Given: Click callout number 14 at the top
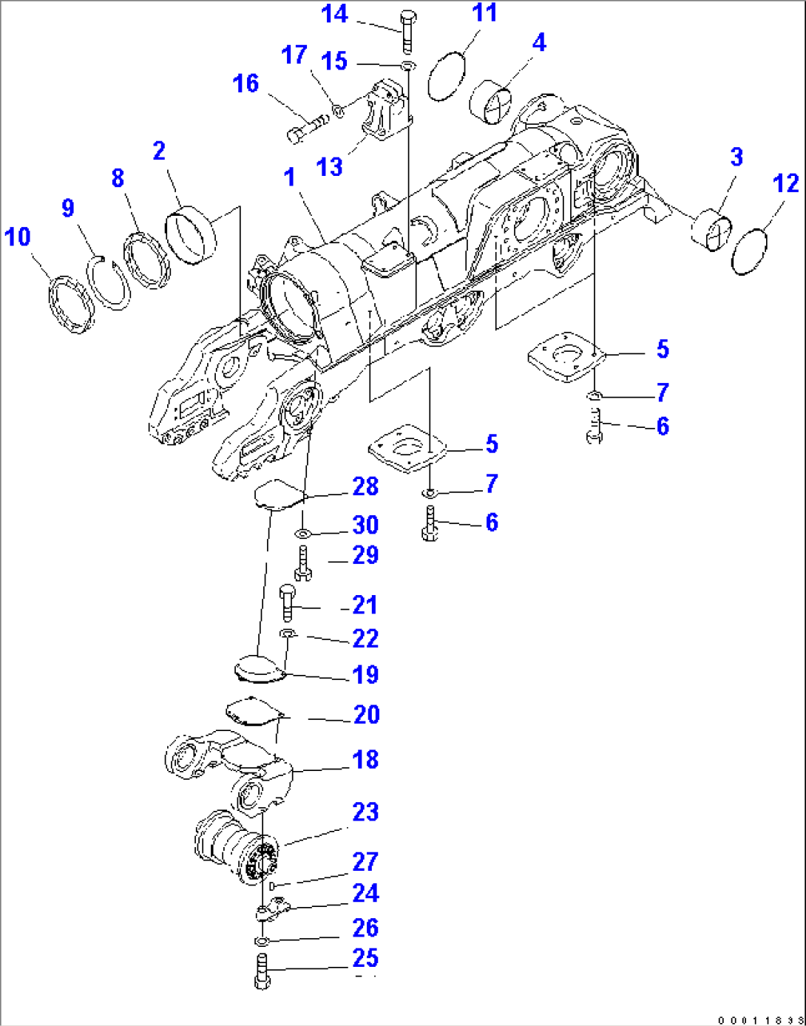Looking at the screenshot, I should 334,14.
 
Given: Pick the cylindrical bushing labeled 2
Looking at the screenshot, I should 192,236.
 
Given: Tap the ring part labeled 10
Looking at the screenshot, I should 71,304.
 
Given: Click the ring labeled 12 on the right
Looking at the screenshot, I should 748,252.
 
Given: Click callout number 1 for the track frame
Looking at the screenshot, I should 289,177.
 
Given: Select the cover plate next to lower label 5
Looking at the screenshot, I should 406,448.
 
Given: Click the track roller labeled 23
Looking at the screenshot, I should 237,846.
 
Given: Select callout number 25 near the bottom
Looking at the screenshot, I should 365,959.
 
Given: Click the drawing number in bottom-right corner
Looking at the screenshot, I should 760,1020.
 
